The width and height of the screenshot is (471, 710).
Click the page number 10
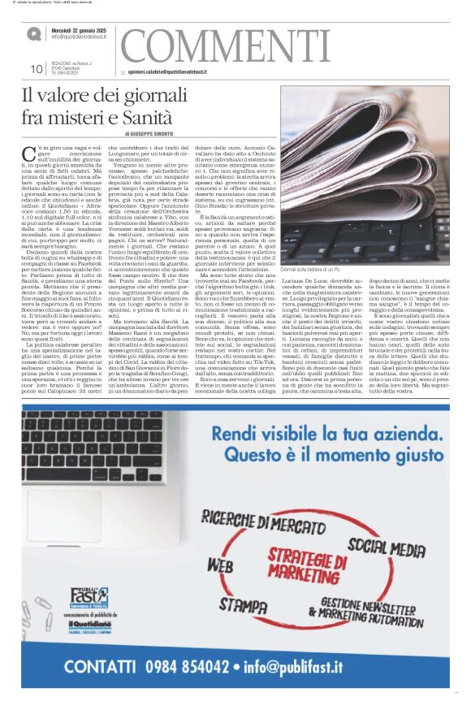[x=37, y=69]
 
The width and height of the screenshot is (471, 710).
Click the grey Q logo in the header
[x=33, y=34]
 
